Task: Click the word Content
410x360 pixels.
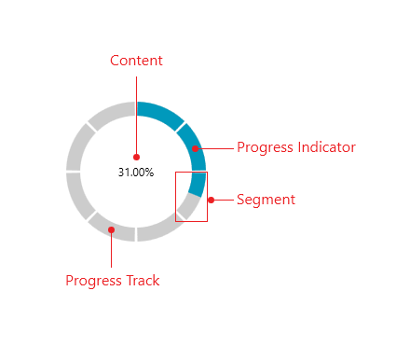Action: (x=136, y=61)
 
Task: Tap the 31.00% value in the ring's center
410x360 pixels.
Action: (x=135, y=173)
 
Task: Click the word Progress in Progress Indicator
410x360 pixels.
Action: (x=264, y=147)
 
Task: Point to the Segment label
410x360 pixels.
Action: (x=266, y=200)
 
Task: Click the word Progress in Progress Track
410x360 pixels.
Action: (x=93, y=281)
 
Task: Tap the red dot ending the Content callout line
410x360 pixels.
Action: (x=136, y=157)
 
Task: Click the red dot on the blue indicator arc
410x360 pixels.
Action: (x=196, y=148)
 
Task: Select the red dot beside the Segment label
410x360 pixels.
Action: (x=211, y=200)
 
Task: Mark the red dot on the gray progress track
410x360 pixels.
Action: (x=111, y=228)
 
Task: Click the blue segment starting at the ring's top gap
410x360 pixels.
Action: (x=158, y=112)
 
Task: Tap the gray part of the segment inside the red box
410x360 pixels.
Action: (x=187, y=208)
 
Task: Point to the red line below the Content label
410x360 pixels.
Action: (x=136, y=112)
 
